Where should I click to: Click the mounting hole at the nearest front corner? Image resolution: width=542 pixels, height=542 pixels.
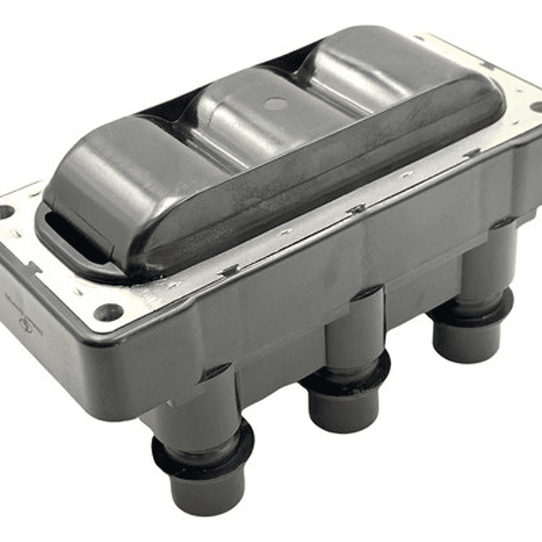[x=109, y=311]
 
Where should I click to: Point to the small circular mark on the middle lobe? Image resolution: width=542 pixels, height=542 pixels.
[x=277, y=103]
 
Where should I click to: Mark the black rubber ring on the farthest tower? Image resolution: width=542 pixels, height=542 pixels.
[x=471, y=310]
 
